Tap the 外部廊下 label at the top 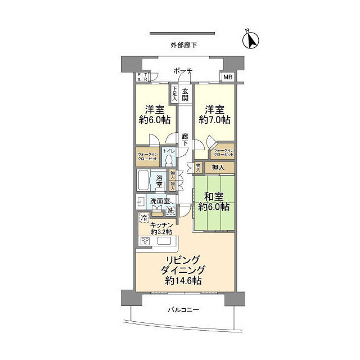(x=184, y=46)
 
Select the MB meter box (x=228, y=78)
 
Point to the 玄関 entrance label (x=186, y=93)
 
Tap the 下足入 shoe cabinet (x=175, y=93)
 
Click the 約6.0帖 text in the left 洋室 (x=154, y=120)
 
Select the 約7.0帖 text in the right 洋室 (x=213, y=120)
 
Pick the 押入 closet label (x=219, y=167)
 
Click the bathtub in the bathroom (x=144, y=181)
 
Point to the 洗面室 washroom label (x=160, y=201)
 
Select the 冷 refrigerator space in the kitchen (x=144, y=217)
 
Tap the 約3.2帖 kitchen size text (x=162, y=231)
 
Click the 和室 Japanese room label (x=214, y=197)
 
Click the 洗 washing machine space (x=170, y=210)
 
